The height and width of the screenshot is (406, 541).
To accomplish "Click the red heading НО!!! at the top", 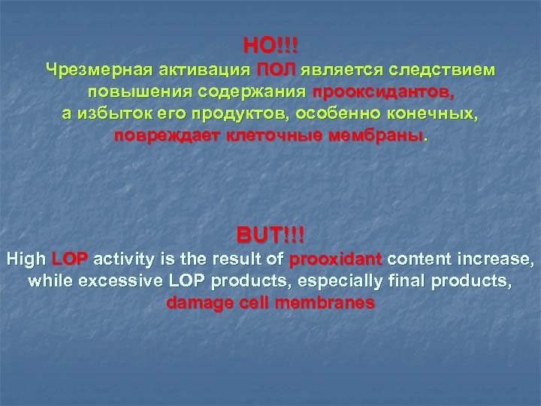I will tap(270, 47).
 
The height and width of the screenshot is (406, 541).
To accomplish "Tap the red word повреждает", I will tap(165, 138).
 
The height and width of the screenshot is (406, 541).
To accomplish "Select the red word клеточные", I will tap(267, 138).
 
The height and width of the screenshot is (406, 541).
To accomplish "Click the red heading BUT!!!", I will tap(270, 235).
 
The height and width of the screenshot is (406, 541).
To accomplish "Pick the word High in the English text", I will tap(26, 261).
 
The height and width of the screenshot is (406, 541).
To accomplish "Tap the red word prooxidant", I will tap(336, 261).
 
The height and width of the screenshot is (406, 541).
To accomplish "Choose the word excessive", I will tap(106, 283).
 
